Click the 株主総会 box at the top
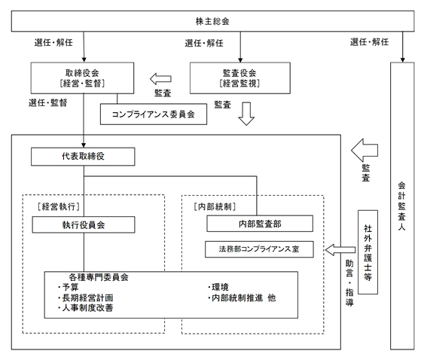(212, 21)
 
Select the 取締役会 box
(82, 78)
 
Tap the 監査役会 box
(240, 78)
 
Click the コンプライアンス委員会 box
(154, 114)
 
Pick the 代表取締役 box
(83, 157)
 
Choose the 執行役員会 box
(84, 224)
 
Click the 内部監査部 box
(260, 224)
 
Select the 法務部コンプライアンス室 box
(259, 249)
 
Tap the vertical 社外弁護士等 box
(368, 252)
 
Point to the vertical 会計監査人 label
(401, 206)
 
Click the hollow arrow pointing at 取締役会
(160, 79)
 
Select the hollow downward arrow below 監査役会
(246, 114)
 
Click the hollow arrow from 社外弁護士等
(340, 250)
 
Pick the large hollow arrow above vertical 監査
(364, 151)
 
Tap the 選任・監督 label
(48, 102)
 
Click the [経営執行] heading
(59, 206)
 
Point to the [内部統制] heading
(215, 206)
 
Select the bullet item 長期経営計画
(86, 297)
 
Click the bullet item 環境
(218, 287)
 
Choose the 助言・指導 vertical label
(349, 283)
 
